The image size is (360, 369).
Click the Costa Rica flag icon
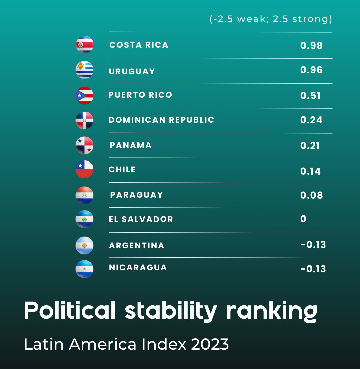(x=84, y=45)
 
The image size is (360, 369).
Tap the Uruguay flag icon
(x=84, y=70)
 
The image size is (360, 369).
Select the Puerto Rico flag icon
(x=84, y=96)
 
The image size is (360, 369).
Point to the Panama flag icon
(x=84, y=145)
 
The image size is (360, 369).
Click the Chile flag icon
(x=84, y=169)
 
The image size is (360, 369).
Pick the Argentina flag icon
(x=84, y=246)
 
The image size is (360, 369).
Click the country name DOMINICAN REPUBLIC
(x=161, y=120)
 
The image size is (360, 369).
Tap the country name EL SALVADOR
(x=141, y=219)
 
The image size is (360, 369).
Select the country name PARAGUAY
(x=137, y=195)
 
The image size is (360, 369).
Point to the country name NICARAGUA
(x=138, y=268)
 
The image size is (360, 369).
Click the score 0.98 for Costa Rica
(x=311, y=46)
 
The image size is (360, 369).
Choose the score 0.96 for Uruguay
(x=311, y=70)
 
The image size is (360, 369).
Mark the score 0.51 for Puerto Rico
(x=310, y=96)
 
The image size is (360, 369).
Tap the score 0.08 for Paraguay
(x=311, y=195)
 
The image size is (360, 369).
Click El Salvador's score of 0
(x=303, y=219)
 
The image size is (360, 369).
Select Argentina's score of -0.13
(x=313, y=245)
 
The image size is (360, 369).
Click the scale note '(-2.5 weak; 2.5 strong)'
(x=271, y=19)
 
